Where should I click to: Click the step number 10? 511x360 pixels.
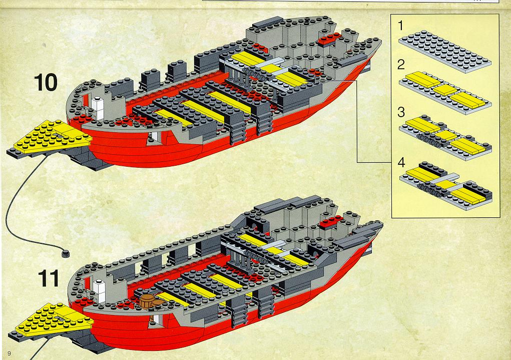click(46, 83)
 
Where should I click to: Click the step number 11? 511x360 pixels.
click(48, 278)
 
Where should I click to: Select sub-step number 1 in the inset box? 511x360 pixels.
click(400, 26)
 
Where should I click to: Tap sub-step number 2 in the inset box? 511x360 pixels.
click(401, 65)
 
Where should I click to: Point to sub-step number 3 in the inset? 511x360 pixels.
click(401, 112)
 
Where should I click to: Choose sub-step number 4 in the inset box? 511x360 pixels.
click(401, 162)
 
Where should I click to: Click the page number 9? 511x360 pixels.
click(9, 353)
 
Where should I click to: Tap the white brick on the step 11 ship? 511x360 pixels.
click(99, 290)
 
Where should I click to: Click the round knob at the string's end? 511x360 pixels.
click(65, 253)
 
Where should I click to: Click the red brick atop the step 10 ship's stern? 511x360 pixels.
click(329, 39)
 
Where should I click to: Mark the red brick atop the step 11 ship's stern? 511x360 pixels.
click(331, 222)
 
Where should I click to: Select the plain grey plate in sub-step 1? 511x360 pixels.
click(445, 51)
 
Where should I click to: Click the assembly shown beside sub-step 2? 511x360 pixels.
click(445, 93)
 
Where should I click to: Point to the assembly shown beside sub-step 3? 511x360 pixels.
click(445, 137)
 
